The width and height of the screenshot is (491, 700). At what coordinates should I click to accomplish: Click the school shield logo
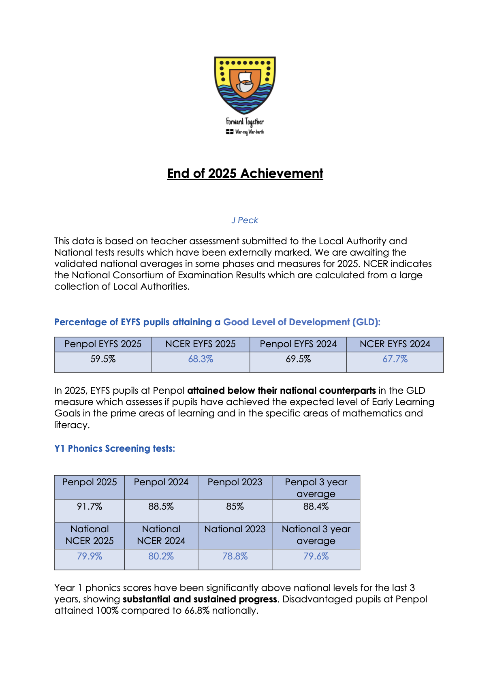pyautogui.click(x=245, y=85)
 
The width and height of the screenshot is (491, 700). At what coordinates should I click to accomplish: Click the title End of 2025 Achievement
pyautogui.click(x=245, y=173)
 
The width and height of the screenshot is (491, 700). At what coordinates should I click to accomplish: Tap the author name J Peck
pyautogui.click(x=245, y=220)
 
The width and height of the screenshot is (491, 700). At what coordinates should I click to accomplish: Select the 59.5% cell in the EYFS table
pyautogui.click(x=103, y=359)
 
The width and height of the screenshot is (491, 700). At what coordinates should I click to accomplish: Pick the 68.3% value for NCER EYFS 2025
pyautogui.click(x=201, y=359)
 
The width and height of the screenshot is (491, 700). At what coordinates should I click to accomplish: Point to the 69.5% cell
pyautogui.click(x=298, y=359)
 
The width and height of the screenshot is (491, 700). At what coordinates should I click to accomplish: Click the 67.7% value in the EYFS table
pyautogui.click(x=395, y=359)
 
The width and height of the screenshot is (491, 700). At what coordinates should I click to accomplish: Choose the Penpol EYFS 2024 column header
pyautogui.click(x=298, y=344)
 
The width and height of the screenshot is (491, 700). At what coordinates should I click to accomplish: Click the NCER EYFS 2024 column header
pyautogui.click(x=395, y=344)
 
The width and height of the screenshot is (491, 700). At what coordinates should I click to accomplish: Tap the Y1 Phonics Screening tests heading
pyautogui.click(x=115, y=448)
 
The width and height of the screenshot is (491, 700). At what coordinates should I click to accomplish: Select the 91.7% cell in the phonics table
pyautogui.click(x=90, y=507)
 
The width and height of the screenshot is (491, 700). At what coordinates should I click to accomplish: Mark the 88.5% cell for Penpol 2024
pyautogui.click(x=161, y=507)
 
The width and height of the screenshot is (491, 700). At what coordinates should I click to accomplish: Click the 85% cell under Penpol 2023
pyautogui.click(x=235, y=507)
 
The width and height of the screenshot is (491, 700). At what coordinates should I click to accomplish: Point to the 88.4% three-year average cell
pyautogui.click(x=316, y=507)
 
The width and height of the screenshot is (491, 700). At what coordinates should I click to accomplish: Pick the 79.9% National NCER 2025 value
pyautogui.click(x=90, y=557)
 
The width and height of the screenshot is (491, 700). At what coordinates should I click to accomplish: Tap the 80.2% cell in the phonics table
pyautogui.click(x=161, y=557)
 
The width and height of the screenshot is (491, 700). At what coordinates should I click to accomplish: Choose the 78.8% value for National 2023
pyautogui.click(x=235, y=557)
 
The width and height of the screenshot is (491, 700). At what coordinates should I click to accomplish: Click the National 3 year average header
pyautogui.click(x=316, y=535)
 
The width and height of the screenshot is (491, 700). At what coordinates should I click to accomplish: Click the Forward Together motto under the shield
pyautogui.click(x=245, y=122)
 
